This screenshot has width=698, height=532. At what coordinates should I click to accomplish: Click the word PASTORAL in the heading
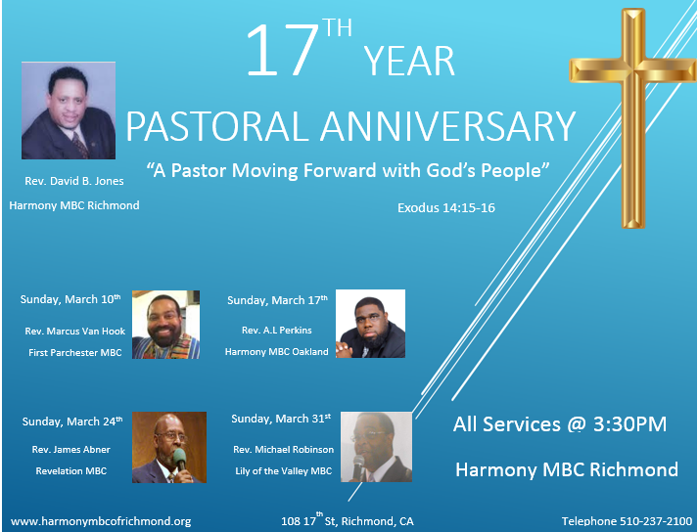(x=217, y=126)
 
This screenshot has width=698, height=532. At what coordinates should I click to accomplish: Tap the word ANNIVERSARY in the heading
(x=448, y=126)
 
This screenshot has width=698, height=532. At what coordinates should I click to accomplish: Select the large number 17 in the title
(x=281, y=50)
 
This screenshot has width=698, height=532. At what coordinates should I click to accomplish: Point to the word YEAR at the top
(x=409, y=61)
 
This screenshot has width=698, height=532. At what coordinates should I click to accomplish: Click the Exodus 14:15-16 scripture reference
(x=446, y=207)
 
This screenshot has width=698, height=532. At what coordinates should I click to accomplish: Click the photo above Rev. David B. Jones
(x=69, y=111)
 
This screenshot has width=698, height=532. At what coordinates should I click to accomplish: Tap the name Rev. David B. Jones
(x=74, y=181)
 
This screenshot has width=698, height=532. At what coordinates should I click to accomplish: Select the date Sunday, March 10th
(x=70, y=299)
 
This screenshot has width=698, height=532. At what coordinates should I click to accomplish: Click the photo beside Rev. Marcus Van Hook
(x=165, y=325)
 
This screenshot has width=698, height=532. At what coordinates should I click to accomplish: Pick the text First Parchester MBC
(x=75, y=353)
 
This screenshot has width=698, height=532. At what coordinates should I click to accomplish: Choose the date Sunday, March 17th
(x=277, y=300)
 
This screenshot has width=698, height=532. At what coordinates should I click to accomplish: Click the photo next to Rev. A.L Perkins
(x=370, y=324)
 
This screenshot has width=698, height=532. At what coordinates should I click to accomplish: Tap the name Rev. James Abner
(x=71, y=449)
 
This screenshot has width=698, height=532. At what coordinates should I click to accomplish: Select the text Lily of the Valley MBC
(x=284, y=471)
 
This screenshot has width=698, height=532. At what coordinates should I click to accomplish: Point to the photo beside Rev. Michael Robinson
(x=376, y=447)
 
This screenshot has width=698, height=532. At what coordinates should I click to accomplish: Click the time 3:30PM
(x=629, y=423)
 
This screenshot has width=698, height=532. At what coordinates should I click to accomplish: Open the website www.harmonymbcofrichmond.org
(x=101, y=521)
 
